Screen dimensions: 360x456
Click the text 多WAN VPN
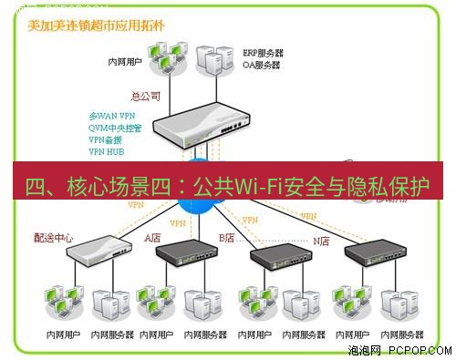(112, 117)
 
